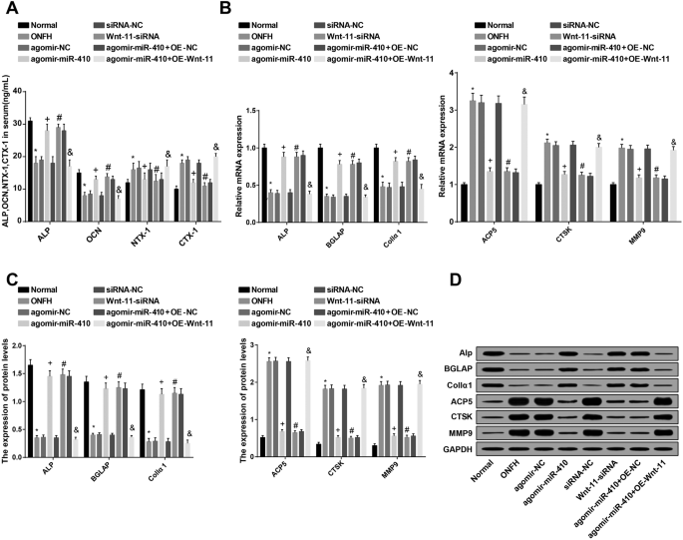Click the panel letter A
coord(9,9)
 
